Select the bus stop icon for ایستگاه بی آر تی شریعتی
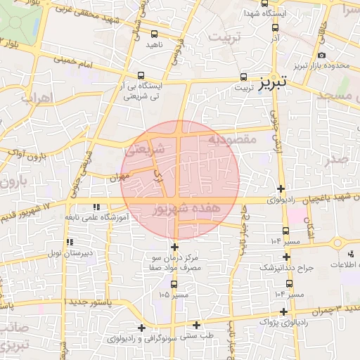click(x=141, y=76)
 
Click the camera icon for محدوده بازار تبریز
click(x=321, y=55)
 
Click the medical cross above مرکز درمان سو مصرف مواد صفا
click(x=174, y=247)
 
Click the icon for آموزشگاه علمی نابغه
click(x=96, y=207)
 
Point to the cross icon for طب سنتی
click(x=197, y=325)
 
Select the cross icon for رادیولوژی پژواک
click(x=283, y=311)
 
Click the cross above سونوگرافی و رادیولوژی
click(x=142, y=328)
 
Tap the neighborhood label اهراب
click(x=37, y=98)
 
